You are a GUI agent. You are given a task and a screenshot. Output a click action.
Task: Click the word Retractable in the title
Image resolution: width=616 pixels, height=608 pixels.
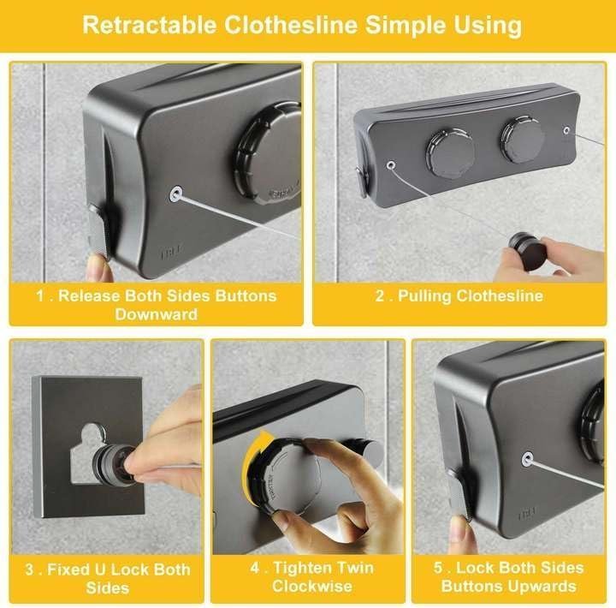pos(149,25)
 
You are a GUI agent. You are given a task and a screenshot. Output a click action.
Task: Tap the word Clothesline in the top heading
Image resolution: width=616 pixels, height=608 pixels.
pos(291,25)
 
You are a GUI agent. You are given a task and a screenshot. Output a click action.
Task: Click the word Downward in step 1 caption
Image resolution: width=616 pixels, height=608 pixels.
pos(157,314)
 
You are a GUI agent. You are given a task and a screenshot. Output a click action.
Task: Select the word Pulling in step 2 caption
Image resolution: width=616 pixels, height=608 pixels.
pos(424,296)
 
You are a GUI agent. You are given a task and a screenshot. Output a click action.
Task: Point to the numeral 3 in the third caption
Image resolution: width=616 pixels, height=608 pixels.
pos(30,569)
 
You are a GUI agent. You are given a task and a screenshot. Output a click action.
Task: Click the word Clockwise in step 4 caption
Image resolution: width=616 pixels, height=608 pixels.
pos(312,586)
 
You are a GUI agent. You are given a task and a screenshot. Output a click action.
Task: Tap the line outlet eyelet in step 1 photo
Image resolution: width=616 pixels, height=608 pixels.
pos(175,194)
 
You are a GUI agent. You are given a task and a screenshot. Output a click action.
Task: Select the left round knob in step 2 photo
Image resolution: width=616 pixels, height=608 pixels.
pos(450,152)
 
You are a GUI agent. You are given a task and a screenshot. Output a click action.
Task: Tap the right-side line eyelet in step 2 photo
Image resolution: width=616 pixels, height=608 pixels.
pos(566,130)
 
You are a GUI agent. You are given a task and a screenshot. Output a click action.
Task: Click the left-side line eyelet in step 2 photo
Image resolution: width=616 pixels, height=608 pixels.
pos(390,164)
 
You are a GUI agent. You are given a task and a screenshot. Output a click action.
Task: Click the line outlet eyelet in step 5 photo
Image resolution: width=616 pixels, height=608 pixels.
pos(528,459)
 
